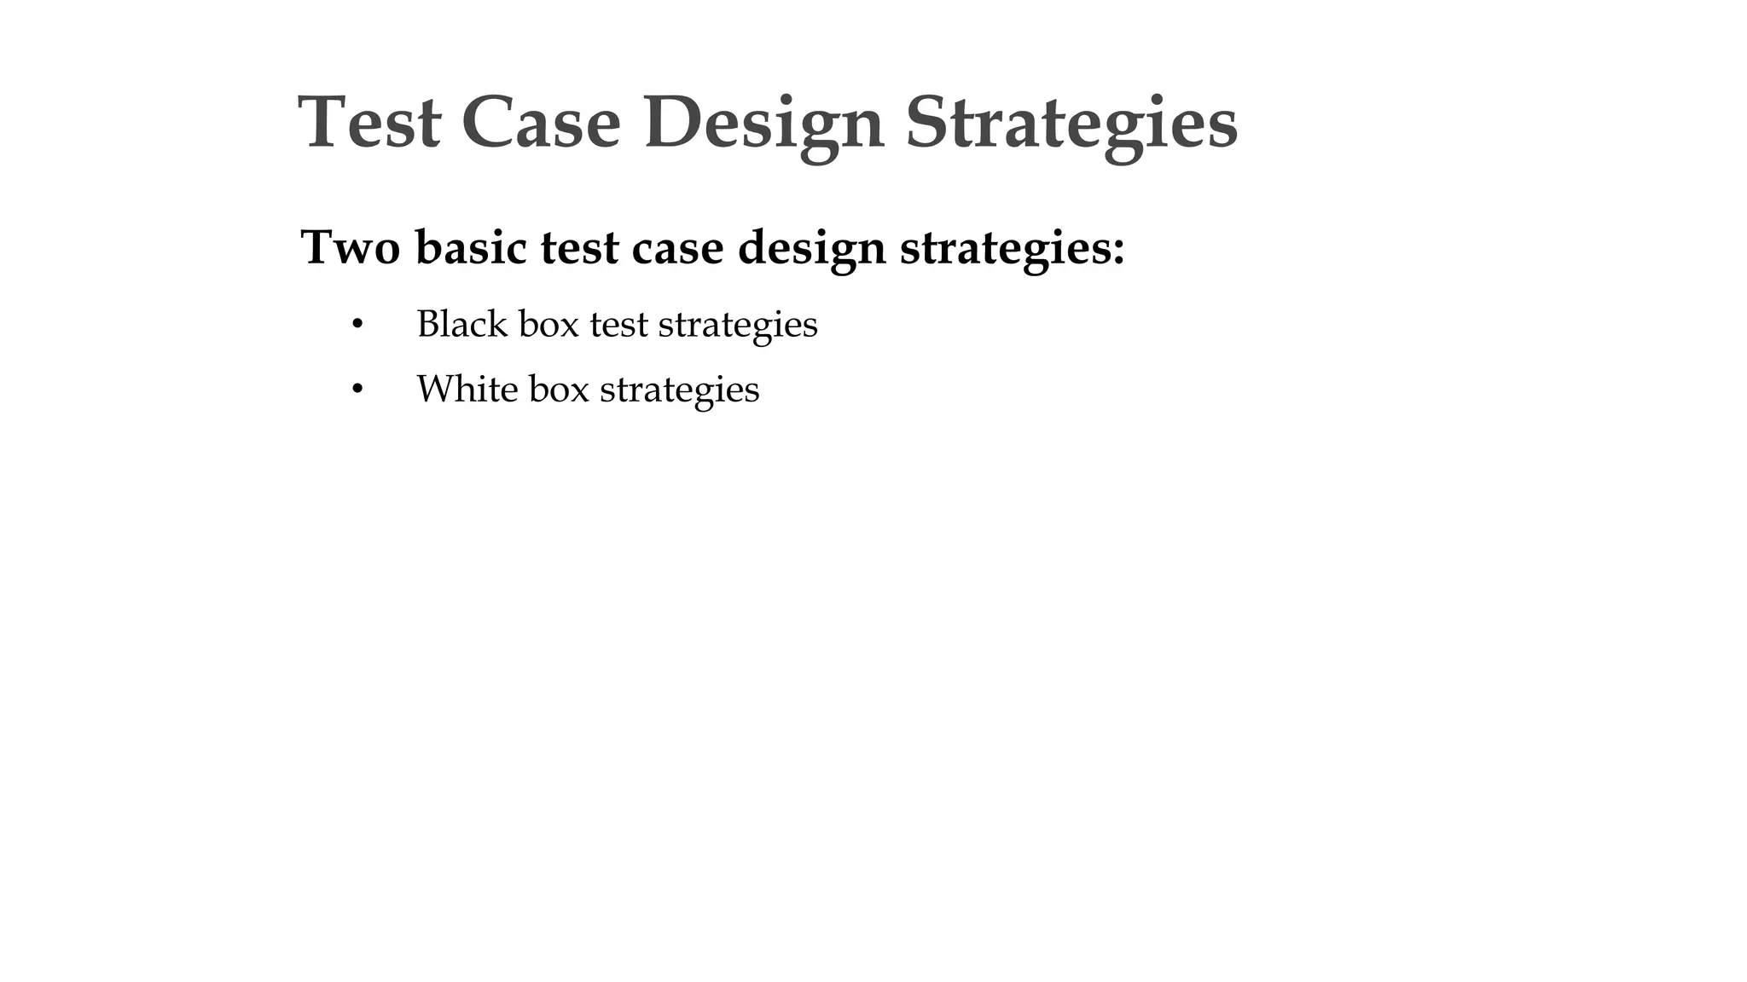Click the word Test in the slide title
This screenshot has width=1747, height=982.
[x=369, y=123]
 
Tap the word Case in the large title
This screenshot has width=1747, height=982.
[x=541, y=123]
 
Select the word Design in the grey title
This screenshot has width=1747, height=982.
[x=763, y=124]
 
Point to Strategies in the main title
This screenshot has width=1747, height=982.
[x=1071, y=124]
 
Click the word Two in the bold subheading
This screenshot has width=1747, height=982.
[x=351, y=248]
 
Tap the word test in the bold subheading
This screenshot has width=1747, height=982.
[x=579, y=248]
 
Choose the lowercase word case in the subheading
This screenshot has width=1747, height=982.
[x=677, y=248]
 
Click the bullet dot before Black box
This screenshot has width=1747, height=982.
[x=357, y=325]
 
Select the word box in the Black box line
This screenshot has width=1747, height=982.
[x=548, y=324]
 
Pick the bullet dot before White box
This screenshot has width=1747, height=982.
[x=357, y=390]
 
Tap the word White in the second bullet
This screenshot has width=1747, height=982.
[x=467, y=389]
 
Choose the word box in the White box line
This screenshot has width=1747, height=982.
[x=559, y=389]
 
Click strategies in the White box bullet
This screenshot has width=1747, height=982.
[x=679, y=390]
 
